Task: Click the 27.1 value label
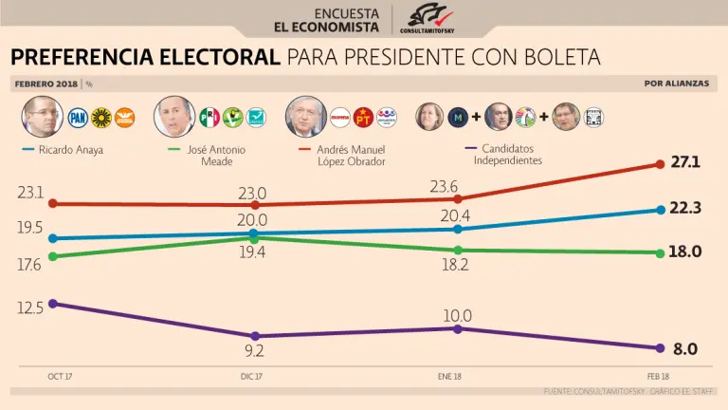684,162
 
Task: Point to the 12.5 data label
29,307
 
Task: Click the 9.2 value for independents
253,351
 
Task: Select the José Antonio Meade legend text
210,155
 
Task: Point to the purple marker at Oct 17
52,304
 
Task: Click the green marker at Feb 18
659,252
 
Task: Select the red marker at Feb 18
659,164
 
